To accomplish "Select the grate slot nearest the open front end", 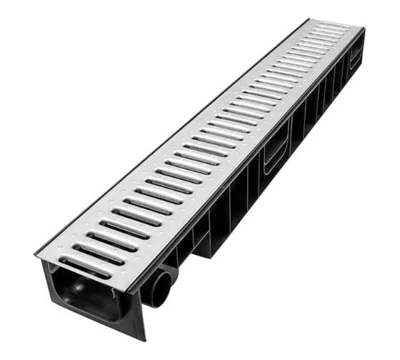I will (85, 266).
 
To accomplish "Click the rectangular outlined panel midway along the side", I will (276, 152).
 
